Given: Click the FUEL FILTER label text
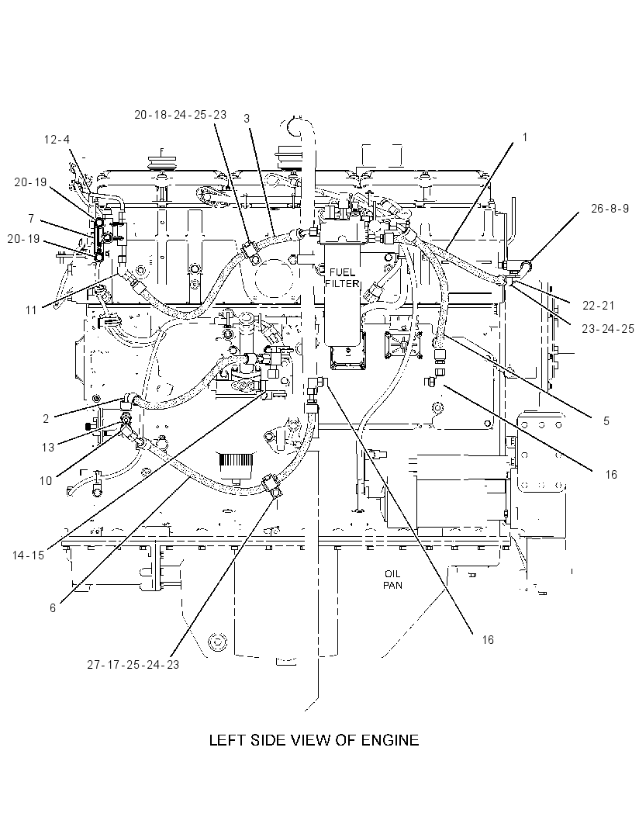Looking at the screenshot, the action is pos(342,278).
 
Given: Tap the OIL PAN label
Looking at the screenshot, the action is pos(392,579).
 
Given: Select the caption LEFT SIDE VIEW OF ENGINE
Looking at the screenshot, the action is pos(314,740).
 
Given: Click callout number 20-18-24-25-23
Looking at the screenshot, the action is pos(181,115).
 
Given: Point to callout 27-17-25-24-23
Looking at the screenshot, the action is pos(133,665).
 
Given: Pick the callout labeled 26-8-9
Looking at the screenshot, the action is pos(610,209).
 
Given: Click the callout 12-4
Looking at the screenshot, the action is pos(57,139).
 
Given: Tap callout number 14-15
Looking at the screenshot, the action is pos(29,555).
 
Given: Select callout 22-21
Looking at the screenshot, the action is pos(599,305).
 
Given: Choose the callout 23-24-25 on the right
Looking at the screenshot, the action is pos(608,329).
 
